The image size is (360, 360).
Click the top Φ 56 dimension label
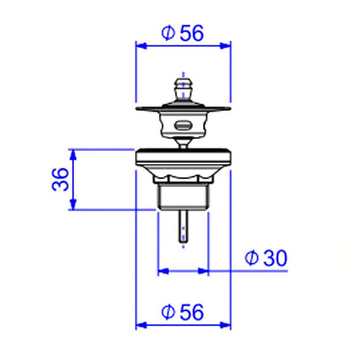click(x=182, y=33)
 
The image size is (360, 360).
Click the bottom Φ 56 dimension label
click(x=182, y=312)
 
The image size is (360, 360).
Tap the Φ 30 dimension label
click(x=266, y=258)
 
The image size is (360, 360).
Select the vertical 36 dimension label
click(x=60, y=179)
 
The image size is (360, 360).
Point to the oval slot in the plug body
click(x=183, y=126)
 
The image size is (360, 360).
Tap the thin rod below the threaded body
click(x=183, y=226)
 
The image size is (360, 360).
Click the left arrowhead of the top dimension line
click(x=141, y=46)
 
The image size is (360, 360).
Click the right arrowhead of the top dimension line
click(x=225, y=46)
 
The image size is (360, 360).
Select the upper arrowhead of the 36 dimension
click(x=73, y=155)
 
